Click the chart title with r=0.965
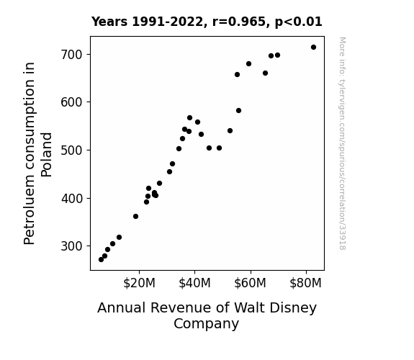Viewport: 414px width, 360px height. [x=207, y=22]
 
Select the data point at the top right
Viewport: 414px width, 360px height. [x=313, y=48]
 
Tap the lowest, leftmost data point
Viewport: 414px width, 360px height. [x=101, y=260]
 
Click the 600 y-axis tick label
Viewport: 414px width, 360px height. [x=72, y=102]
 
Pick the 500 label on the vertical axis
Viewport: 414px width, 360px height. [x=72, y=150]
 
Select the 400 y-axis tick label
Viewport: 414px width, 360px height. [x=72, y=198]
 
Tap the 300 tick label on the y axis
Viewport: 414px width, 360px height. [x=72, y=246]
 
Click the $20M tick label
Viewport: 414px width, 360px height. [x=139, y=284]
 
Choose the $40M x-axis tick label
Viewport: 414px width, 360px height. [x=194, y=284]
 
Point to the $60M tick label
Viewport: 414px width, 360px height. [x=250, y=284]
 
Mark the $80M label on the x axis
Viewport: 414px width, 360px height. [x=305, y=284]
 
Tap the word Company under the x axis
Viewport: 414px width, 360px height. [x=206, y=324]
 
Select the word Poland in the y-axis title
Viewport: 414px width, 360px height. [x=47, y=155]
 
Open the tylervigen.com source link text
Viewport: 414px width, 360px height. [x=343, y=143]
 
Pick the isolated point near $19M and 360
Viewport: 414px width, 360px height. [x=135, y=216]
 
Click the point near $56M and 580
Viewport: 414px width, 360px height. [x=239, y=111]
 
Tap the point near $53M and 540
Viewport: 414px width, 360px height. [x=230, y=131]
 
